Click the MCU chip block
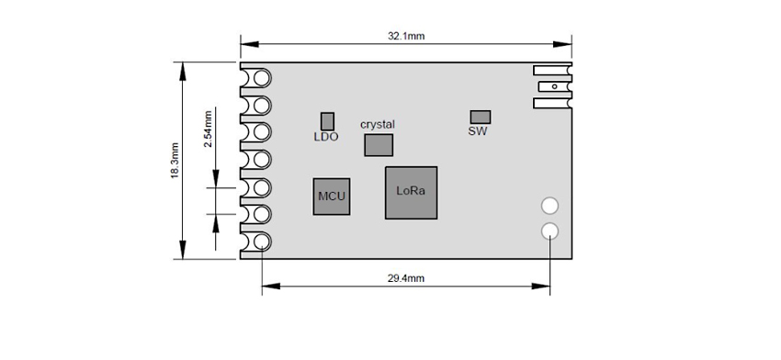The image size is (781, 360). click(x=331, y=197)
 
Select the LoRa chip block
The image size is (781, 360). click(x=411, y=193)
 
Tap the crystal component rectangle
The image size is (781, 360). click(x=379, y=145)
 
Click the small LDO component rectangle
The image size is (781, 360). click(x=327, y=121)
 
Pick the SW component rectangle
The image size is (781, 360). click(x=481, y=117)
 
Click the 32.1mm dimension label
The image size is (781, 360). click(x=406, y=36)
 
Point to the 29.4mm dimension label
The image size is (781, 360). click(x=406, y=278)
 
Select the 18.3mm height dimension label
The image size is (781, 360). click(x=175, y=161)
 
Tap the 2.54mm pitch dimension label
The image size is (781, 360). click(x=208, y=129)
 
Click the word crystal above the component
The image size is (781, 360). click(x=378, y=125)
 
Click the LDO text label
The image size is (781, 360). click(x=326, y=137)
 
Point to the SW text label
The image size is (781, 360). click(x=478, y=131)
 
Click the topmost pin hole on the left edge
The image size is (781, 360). click(x=262, y=78)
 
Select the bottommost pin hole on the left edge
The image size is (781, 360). click(x=262, y=242)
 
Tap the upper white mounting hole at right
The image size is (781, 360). click(x=549, y=205)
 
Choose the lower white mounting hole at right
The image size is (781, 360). click(x=549, y=231)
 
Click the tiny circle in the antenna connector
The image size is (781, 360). click(x=554, y=86)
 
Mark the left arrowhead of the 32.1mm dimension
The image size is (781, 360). click(x=250, y=44)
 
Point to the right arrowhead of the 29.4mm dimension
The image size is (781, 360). click(x=541, y=287)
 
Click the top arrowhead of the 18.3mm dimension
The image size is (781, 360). click(x=183, y=72)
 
